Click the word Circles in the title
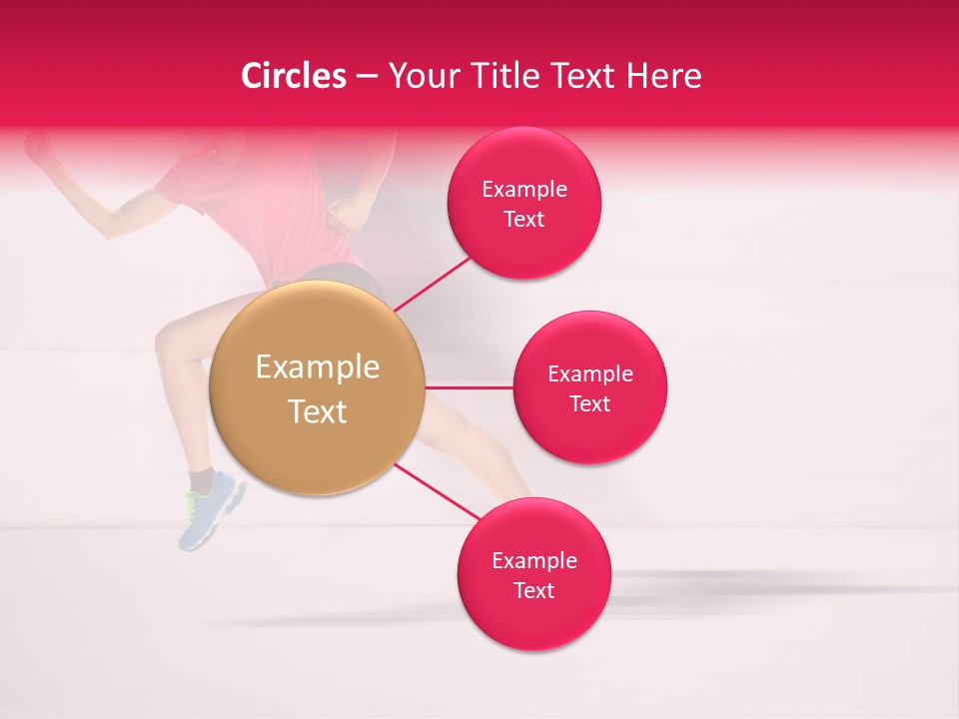293,76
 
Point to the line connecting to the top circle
432,285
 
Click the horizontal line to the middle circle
469,387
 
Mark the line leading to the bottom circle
436,491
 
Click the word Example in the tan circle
317,367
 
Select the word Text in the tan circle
317,411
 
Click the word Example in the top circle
523,189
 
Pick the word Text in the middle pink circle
589,403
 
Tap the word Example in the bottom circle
533,560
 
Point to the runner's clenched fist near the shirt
345,212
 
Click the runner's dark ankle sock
201,480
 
